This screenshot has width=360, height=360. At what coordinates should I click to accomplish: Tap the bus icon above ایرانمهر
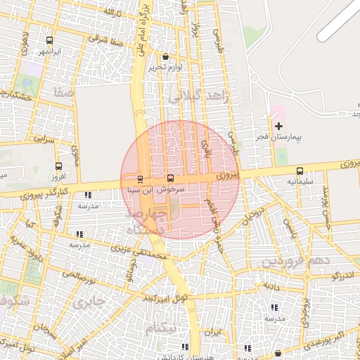point(49,40)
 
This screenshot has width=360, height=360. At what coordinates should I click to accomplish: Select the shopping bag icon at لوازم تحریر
point(165,57)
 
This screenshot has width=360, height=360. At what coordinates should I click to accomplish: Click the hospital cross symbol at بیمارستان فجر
point(278,125)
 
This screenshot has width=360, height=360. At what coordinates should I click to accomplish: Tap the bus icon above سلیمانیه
point(300,170)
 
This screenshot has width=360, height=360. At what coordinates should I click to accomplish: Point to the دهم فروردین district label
point(292,262)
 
